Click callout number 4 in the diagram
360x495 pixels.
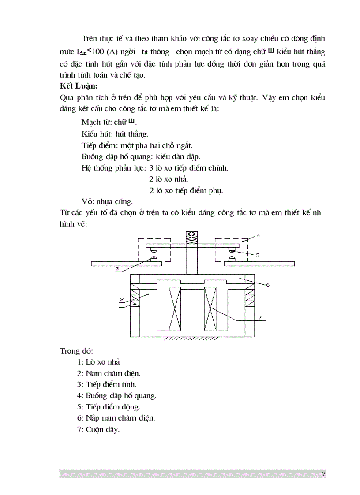(258, 236)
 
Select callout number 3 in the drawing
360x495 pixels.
(117, 268)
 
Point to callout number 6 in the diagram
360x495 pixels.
(267, 285)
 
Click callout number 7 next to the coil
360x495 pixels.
(260, 317)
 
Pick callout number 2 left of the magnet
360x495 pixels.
(121, 299)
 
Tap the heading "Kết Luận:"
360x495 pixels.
(79, 86)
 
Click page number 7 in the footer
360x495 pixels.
(323, 474)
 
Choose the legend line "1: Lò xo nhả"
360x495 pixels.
(98, 362)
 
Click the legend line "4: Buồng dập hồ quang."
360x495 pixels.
(116, 395)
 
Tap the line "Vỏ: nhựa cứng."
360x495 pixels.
(107, 201)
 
